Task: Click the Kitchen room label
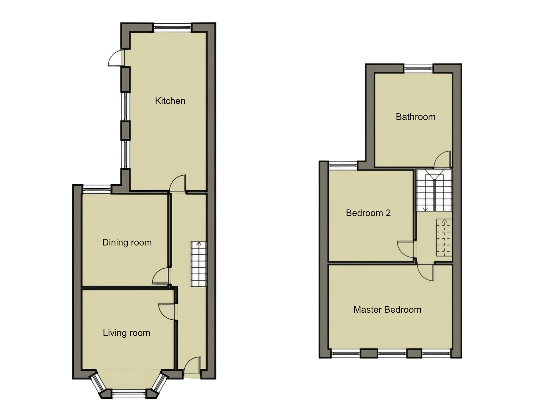pos(170,101)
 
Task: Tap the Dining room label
pos(127,242)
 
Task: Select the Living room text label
pos(126,333)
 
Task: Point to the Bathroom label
pos(415,117)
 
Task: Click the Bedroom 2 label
pos(368,213)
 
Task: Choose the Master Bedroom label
pos(387,310)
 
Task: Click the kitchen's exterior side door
pos(116,58)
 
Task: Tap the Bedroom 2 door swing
pos(406,249)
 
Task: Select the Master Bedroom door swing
pos(426,272)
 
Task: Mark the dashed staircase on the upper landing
pos(444,237)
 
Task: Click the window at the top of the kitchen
pos(172,28)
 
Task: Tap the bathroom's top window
pos(418,68)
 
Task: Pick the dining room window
pos(97,189)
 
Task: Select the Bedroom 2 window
pos(343,165)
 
